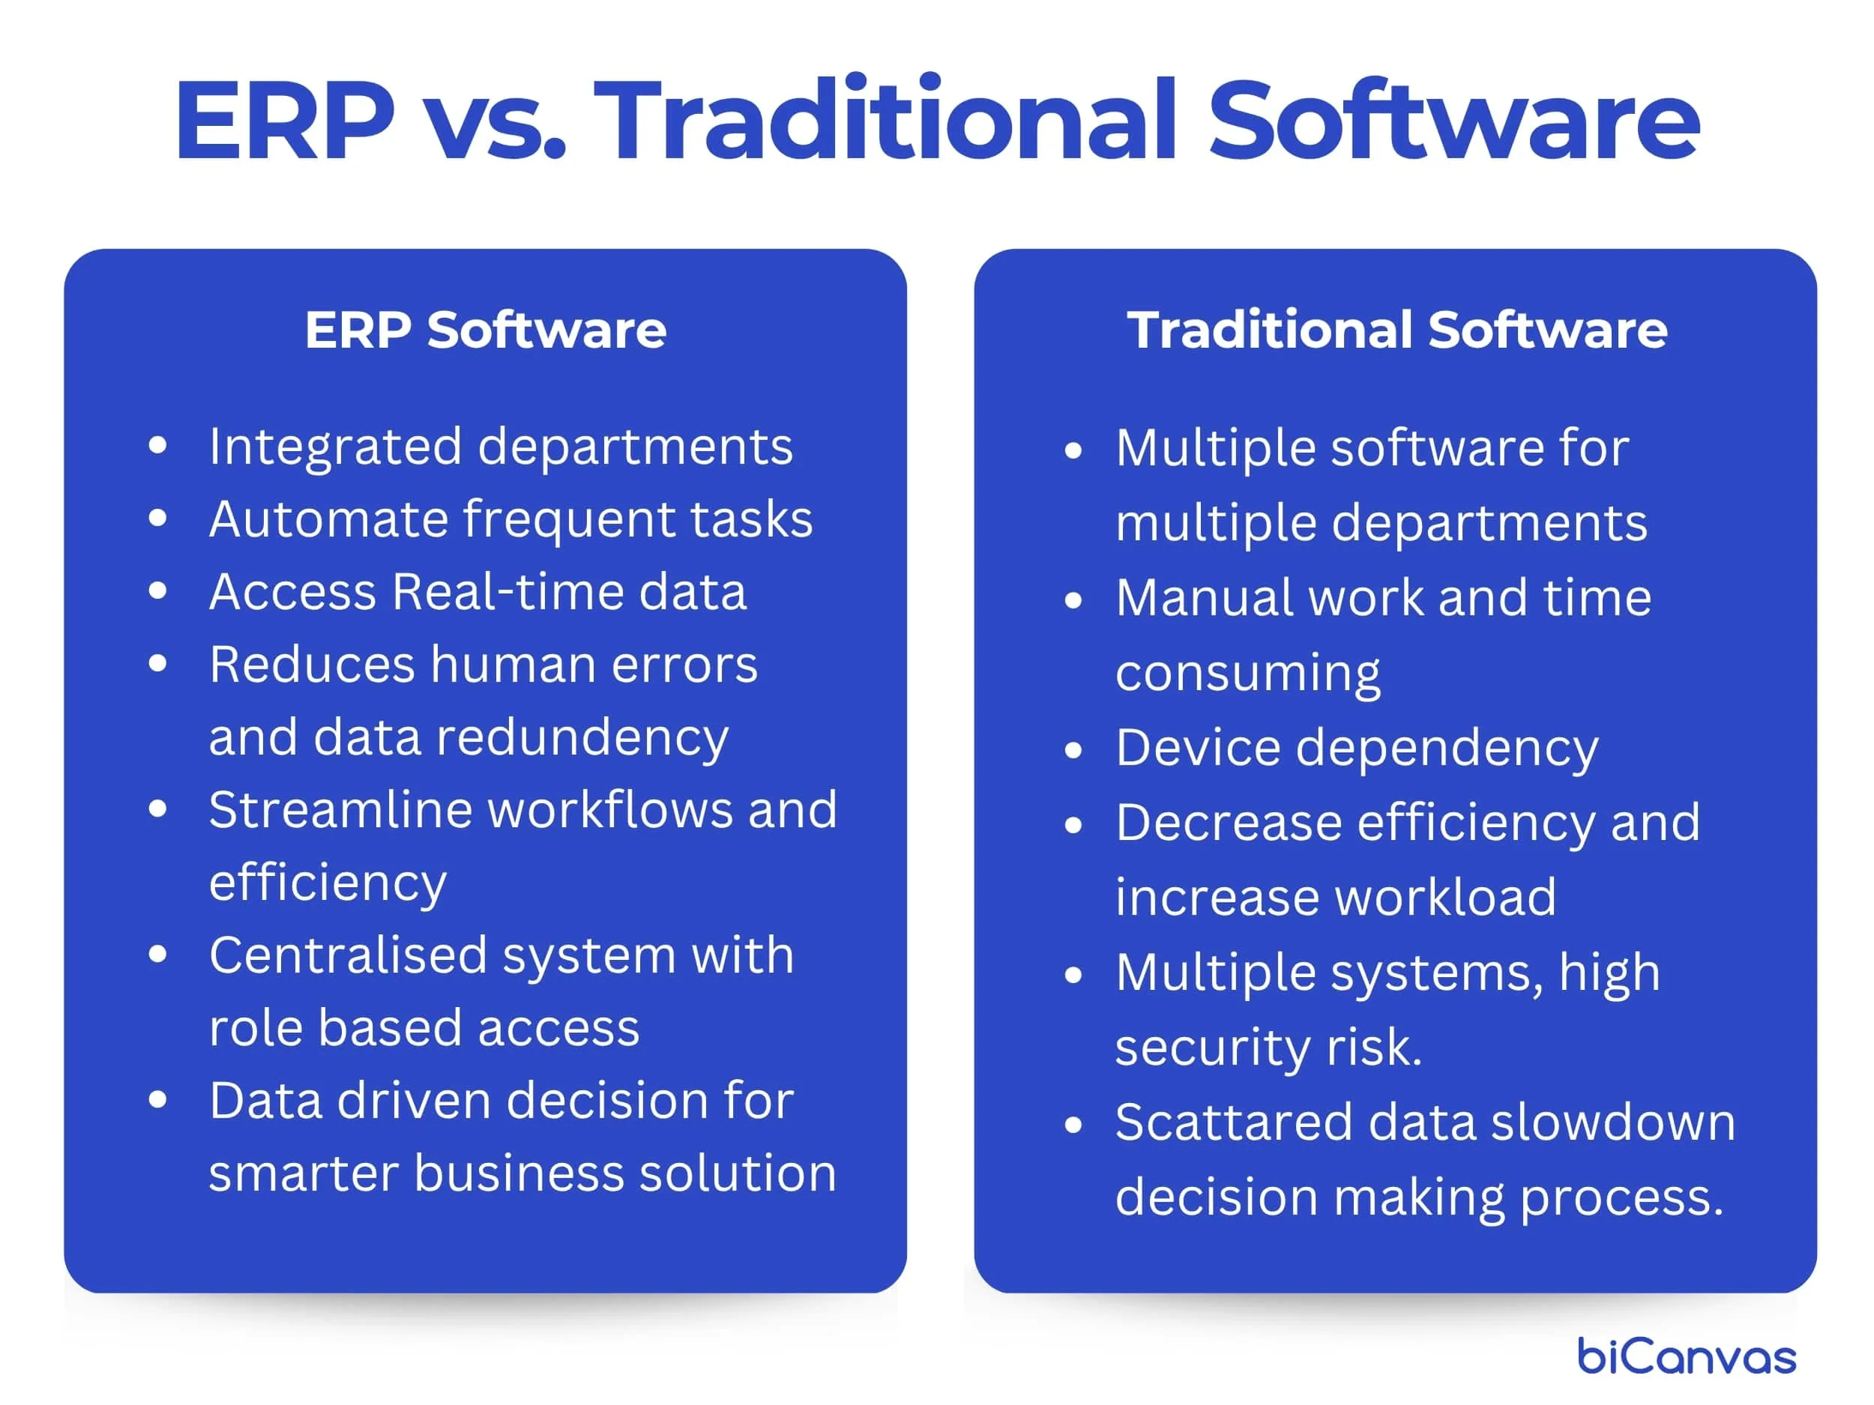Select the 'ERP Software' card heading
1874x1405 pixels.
[x=486, y=330]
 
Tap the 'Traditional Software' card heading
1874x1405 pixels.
[x=1397, y=330]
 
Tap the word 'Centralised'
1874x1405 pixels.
[x=349, y=955]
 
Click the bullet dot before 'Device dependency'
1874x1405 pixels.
[x=1073, y=749]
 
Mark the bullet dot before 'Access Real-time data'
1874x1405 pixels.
[x=157, y=591]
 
